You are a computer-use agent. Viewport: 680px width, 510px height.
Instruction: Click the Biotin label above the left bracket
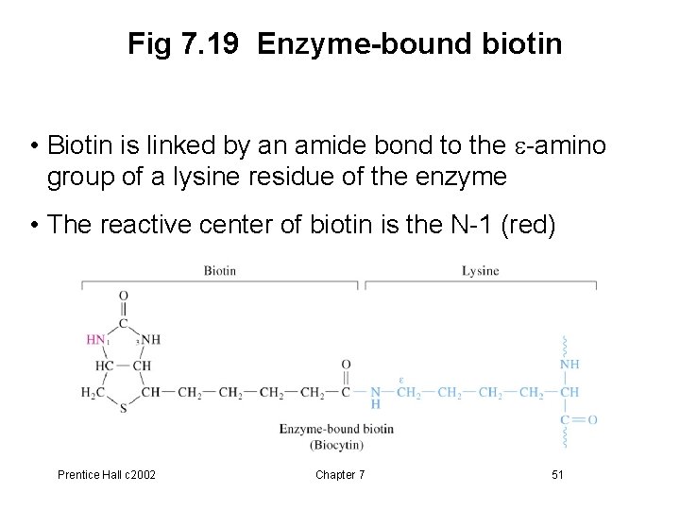tap(219, 271)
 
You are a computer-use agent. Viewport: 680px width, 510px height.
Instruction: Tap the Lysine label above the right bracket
tap(480, 271)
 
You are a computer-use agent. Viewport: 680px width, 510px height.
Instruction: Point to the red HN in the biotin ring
tap(95, 340)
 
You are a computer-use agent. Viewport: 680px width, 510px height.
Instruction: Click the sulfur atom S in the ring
tap(123, 409)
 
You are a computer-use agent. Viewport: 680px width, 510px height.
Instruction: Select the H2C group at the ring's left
tap(94, 392)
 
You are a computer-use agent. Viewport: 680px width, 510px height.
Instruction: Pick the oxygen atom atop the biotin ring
tap(123, 297)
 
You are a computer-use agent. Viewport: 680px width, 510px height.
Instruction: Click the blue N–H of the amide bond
tap(375, 398)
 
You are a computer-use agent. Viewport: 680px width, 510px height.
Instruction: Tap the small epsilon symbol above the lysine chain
tap(400, 380)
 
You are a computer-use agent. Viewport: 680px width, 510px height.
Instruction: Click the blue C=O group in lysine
tap(579, 419)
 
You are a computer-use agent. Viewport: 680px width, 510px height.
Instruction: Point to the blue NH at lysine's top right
tap(570, 364)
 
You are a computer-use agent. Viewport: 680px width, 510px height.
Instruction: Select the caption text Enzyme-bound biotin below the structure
tap(336, 429)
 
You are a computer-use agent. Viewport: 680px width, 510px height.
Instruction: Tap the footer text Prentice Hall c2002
tap(108, 474)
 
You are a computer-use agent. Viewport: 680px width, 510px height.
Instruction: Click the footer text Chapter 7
tap(340, 474)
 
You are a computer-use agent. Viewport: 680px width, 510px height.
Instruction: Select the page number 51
tap(557, 474)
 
